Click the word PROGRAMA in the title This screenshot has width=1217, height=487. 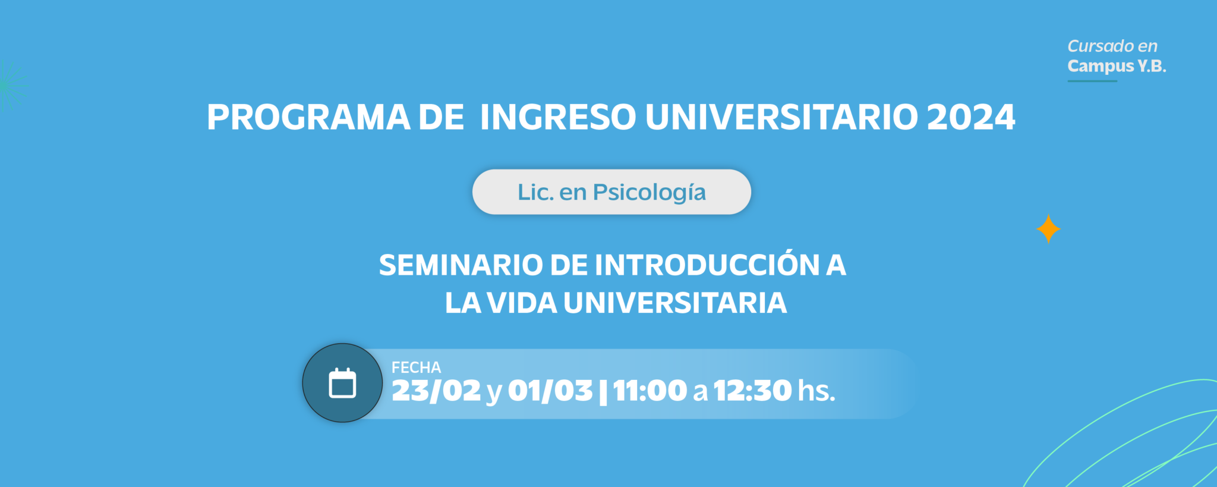tap(308, 117)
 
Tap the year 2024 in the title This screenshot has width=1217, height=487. tap(971, 117)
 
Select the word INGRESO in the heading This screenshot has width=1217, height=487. tap(558, 117)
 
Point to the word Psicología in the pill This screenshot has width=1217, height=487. tap(650, 193)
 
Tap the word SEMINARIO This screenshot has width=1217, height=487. tap(461, 265)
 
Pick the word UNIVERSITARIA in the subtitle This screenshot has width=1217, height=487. tap(675, 303)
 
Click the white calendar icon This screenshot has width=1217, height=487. tap(342, 383)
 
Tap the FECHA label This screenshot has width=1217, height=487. tap(416, 367)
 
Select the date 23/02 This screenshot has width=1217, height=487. tap(436, 391)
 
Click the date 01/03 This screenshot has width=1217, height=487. tap(550, 391)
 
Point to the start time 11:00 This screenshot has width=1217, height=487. tap(650, 391)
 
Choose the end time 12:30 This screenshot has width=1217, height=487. tap(752, 391)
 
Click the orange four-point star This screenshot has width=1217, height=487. tap(1048, 229)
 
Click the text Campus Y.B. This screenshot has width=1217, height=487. tap(1117, 66)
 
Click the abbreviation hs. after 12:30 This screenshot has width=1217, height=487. tap(816, 391)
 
